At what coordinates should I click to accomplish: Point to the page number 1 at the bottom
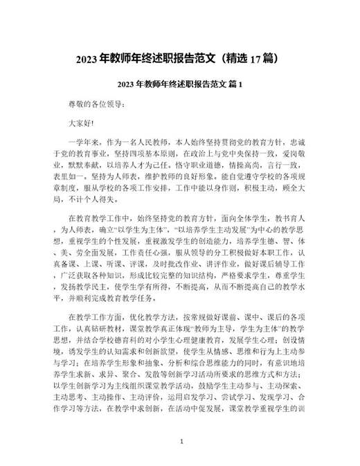[x=181, y=440]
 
